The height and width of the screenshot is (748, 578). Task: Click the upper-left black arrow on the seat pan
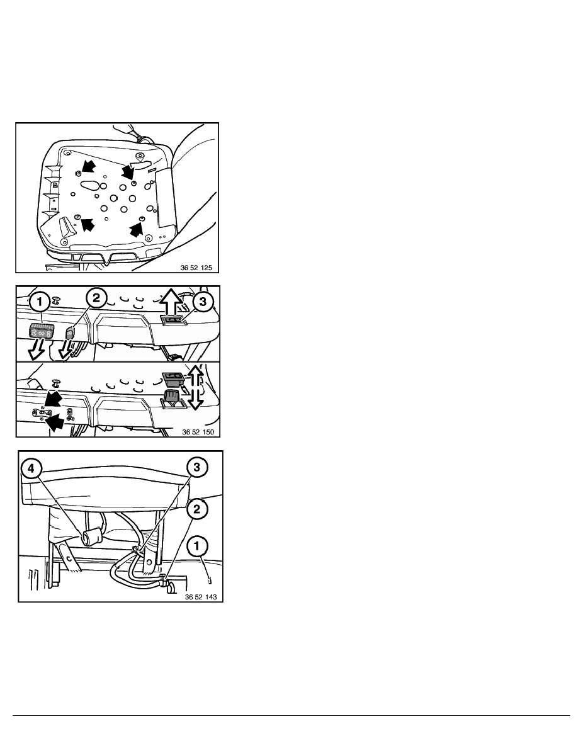pyautogui.click(x=88, y=167)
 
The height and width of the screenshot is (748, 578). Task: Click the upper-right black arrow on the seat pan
pyautogui.click(x=128, y=170)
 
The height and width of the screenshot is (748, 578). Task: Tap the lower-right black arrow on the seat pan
pyautogui.click(x=137, y=229)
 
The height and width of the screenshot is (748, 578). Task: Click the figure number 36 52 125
pyautogui.click(x=196, y=268)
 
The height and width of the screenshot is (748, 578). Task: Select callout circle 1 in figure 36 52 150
pyautogui.click(x=40, y=302)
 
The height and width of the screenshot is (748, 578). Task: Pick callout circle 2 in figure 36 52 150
pyautogui.click(x=96, y=298)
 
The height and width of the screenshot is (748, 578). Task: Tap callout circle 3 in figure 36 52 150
pyautogui.click(x=203, y=302)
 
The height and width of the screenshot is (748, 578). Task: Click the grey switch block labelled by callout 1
pyautogui.click(x=41, y=331)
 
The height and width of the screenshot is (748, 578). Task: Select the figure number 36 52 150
pyautogui.click(x=198, y=432)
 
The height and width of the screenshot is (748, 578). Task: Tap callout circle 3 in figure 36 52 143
pyautogui.click(x=197, y=467)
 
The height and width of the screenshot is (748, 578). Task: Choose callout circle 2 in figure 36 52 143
pyautogui.click(x=197, y=509)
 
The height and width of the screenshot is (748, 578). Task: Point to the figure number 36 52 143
pyautogui.click(x=201, y=597)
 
